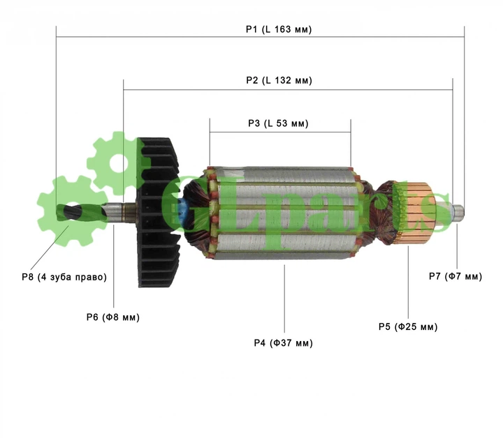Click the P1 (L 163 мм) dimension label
tap(279, 29)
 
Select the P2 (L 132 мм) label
tap(279, 80)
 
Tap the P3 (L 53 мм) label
tap(278, 123)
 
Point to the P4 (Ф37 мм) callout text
tap(283, 343)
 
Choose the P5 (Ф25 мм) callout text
tap(408, 327)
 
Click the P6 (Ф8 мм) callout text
tap(113, 317)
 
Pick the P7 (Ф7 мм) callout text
tap(455, 276)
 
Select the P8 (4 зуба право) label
tap(64, 277)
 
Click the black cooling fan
tap(158, 212)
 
